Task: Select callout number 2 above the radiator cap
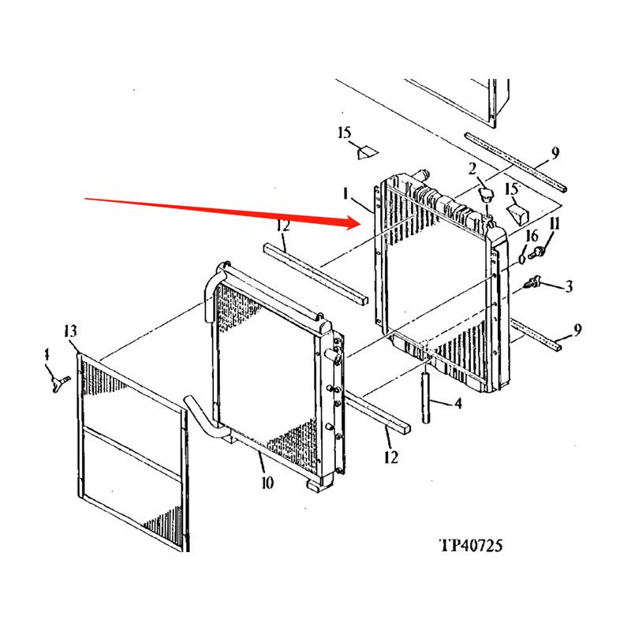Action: point(471,168)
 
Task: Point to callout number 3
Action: point(569,288)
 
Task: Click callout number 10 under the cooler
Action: point(267,482)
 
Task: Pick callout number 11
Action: point(554,225)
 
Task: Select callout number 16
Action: point(532,236)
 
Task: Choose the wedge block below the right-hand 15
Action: point(516,213)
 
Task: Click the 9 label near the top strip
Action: point(555,152)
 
